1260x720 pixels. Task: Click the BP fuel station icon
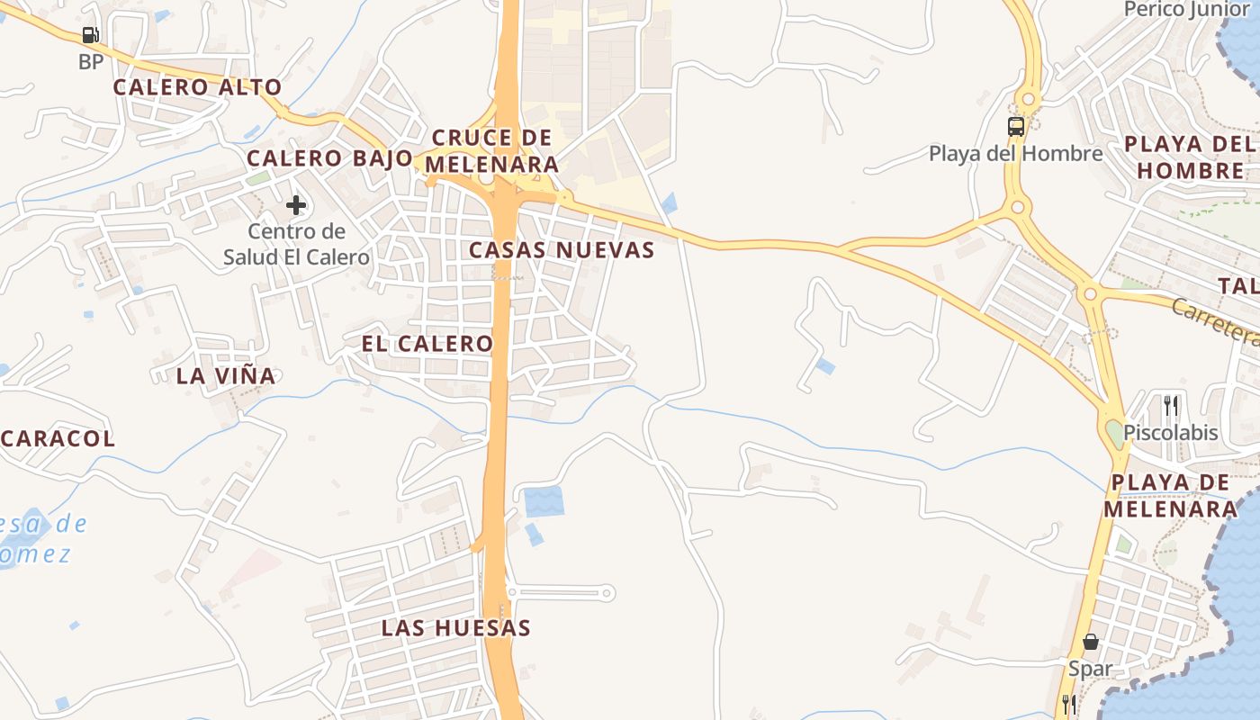90,36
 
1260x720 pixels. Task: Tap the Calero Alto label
197,87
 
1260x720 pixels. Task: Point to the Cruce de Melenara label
491,151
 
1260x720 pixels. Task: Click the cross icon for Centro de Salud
296,205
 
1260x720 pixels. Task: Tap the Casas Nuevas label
562,250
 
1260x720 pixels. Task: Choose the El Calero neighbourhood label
427,344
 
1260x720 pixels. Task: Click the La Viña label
226,376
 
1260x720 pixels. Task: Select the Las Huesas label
455,628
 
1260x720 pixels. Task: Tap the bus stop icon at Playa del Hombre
1016,127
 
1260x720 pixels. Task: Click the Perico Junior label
1188,10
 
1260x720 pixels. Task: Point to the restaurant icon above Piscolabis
1170,406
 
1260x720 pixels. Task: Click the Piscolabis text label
1170,433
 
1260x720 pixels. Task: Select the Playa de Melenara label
1170,496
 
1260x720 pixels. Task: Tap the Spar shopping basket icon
1091,643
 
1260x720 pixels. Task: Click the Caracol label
58,439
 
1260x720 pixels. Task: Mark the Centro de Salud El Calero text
296,244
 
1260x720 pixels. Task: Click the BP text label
91,62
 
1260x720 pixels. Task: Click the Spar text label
1090,669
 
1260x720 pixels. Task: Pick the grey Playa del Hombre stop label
1015,154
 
